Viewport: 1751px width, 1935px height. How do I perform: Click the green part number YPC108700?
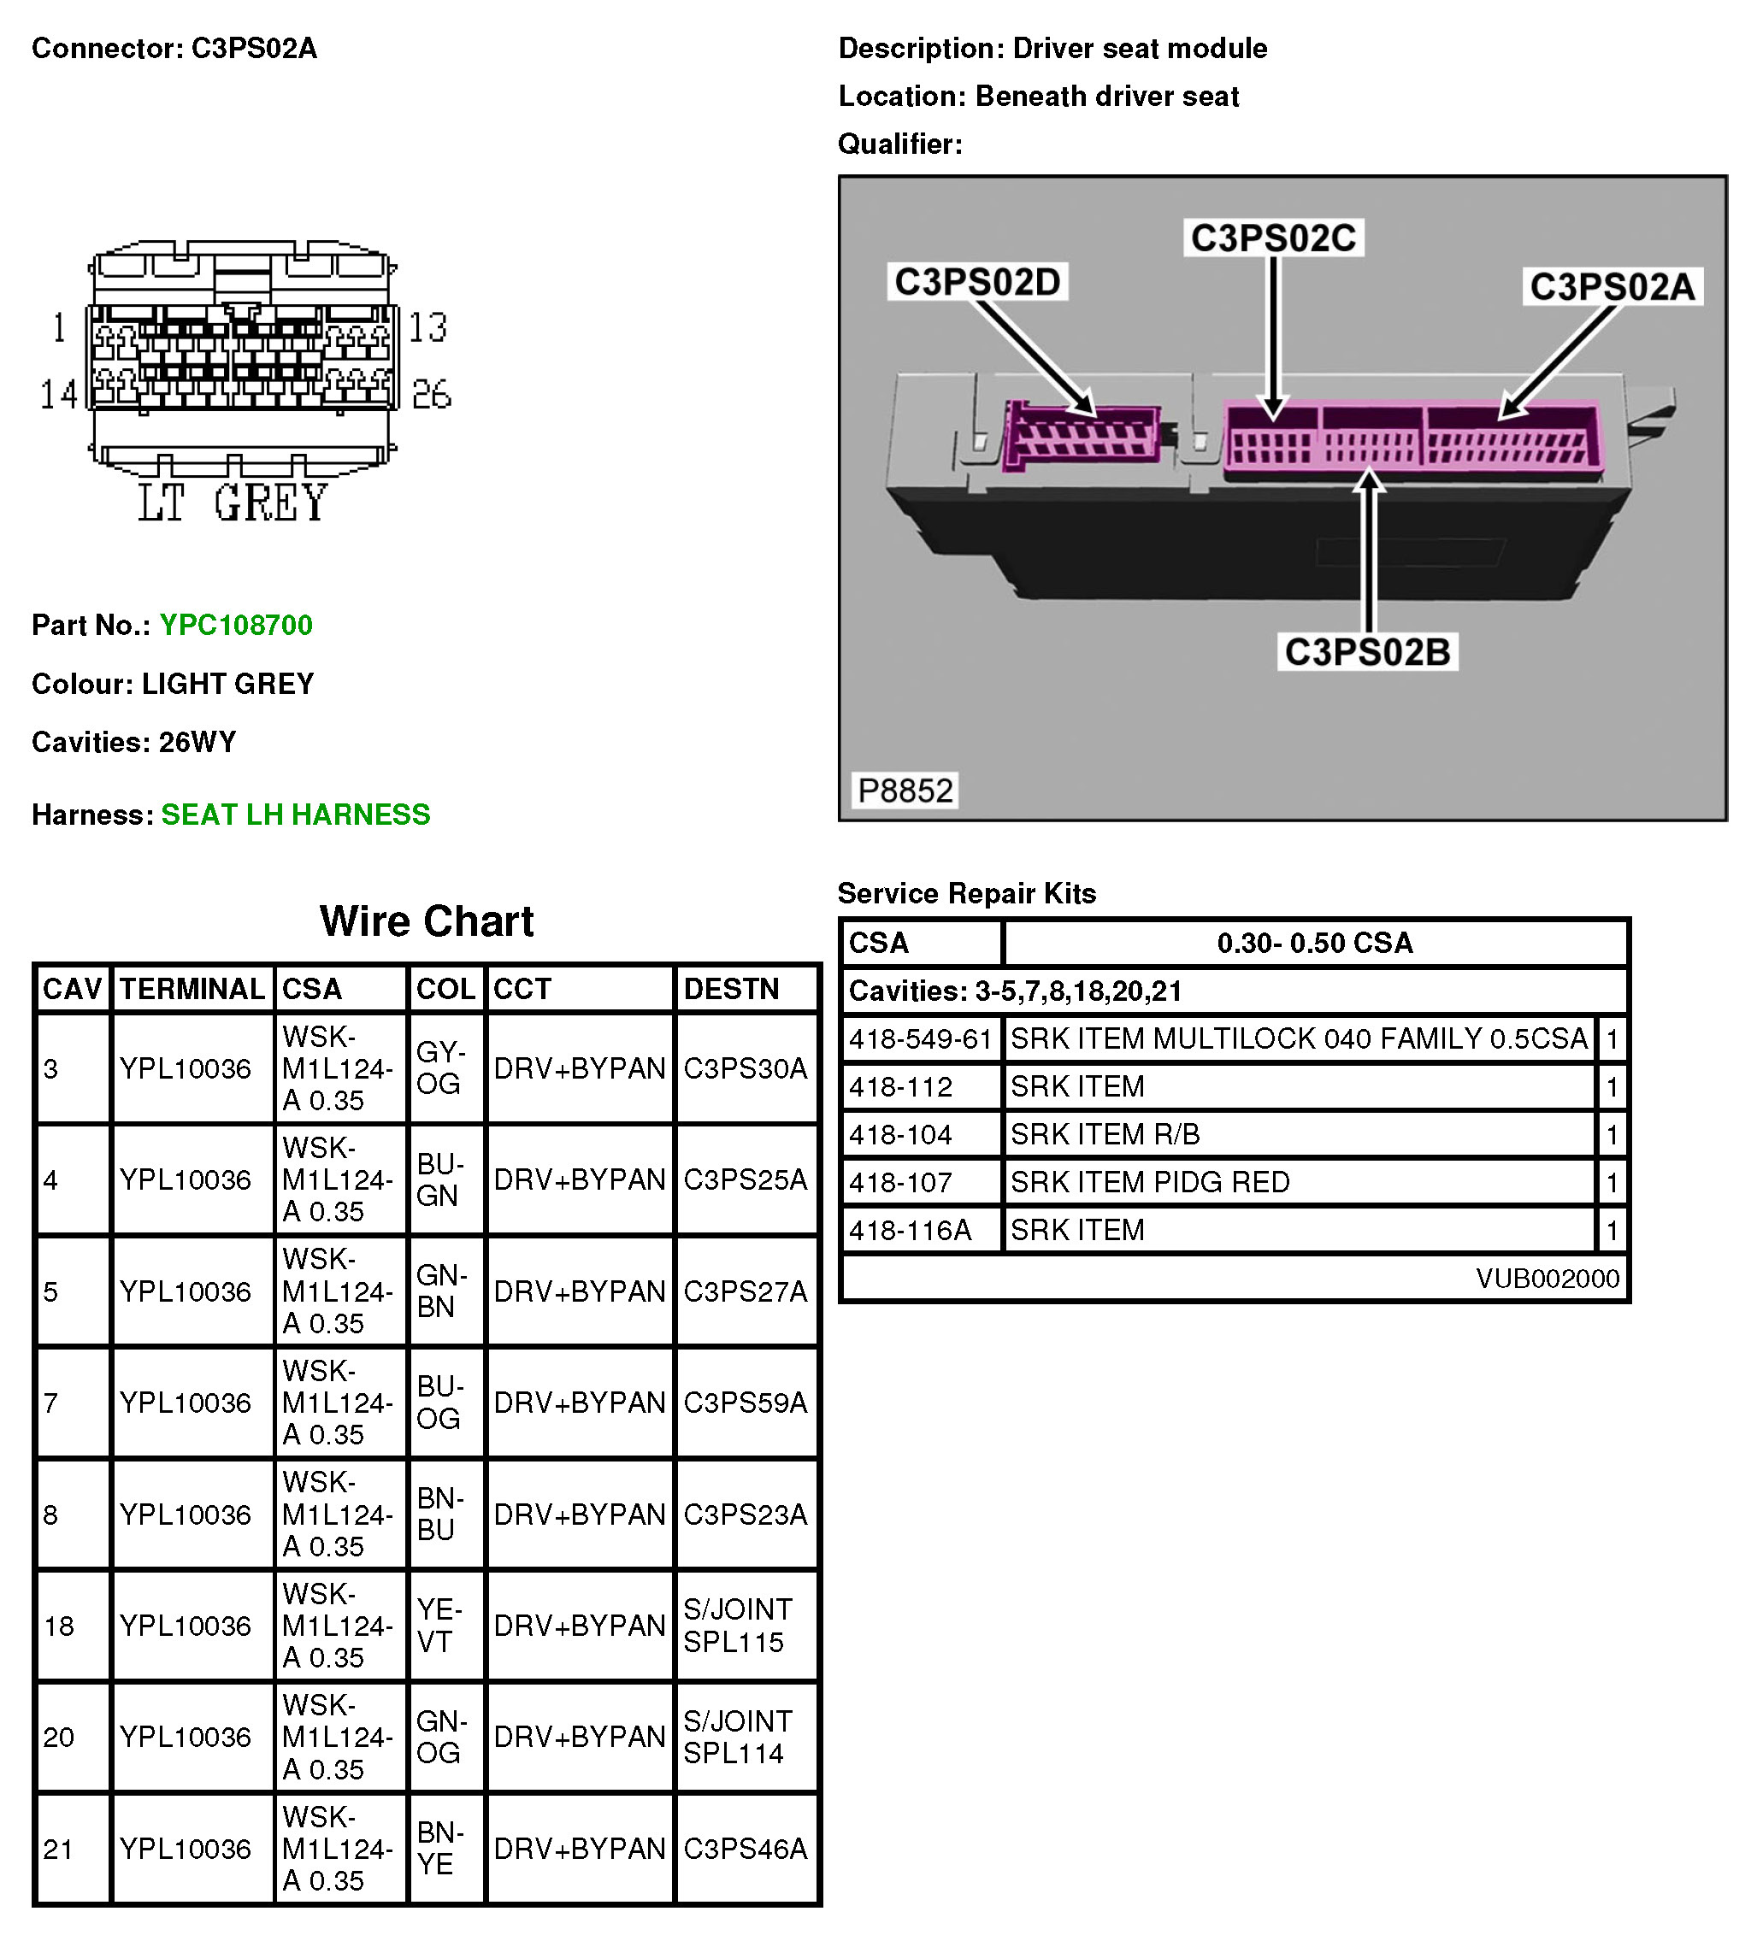(x=235, y=625)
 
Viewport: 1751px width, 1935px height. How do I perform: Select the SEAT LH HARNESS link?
(x=296, y=814)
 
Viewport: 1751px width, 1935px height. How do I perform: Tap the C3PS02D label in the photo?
(x=976, y=282)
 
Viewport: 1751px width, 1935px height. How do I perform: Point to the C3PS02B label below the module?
(x=1367, y=652)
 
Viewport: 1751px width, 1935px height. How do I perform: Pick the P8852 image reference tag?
(x=905, y=791)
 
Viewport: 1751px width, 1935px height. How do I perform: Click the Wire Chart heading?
(x=427, y=921)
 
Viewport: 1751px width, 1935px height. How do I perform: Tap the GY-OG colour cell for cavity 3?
(x=440, y=1067)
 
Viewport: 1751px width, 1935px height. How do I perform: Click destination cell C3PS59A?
(x=745, y=1403)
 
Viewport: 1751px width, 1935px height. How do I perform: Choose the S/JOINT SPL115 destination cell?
(x=737, y=1625)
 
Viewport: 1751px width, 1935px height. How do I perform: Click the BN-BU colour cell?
(x=439, y=1514)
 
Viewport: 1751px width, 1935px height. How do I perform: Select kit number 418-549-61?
(x=920, y=1038)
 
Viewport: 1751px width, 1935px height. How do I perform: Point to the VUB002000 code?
(x=1547, y=1279)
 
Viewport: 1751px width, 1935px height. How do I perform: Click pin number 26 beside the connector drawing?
(x=431, y=395)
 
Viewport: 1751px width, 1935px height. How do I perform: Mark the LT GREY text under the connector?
(x=233, y=503)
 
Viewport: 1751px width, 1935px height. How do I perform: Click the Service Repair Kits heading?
(x=966, y=894)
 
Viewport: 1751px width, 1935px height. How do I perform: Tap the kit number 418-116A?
(x=909, y=1230)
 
